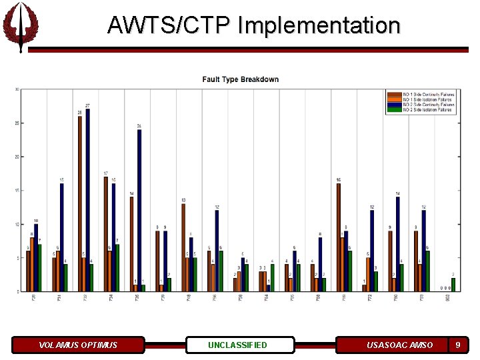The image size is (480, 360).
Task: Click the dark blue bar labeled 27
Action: (x=88, y=200)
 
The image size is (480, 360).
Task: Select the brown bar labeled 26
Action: (x=80, y=203)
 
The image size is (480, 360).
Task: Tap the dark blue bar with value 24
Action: (x=139, y=210)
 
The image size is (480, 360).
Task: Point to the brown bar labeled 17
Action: (x=105, y=233)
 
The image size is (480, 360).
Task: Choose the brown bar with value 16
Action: (x=339, y=237)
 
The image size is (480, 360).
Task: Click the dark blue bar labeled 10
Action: (x=36, y=257)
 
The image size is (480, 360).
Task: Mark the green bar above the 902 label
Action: (x=453, y=285)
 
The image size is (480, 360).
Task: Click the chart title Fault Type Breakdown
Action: (x=241, y=79)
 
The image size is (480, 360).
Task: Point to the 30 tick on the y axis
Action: (x=17, y=90)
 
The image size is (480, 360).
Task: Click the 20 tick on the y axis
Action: (x=17, y=157)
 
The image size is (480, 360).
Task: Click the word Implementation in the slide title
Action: (x=319, y=25)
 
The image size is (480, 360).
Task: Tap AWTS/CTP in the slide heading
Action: (x=169, y=25)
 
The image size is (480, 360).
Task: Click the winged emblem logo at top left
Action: (x=20, y=25)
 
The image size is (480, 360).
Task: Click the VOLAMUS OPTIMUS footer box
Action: (x=78, y=345)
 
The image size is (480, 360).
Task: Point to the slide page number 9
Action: (x=457, y=345)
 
